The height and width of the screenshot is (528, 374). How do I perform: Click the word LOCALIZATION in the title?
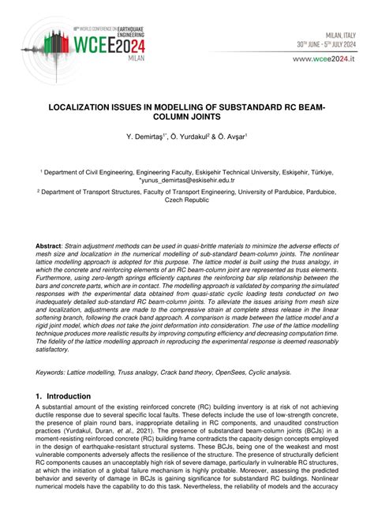(85, 105)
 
